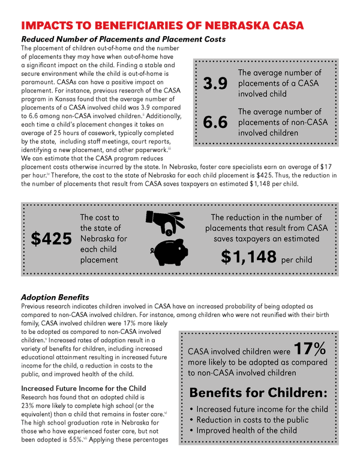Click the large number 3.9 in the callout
point(215,83)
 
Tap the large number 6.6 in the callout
point(215,123)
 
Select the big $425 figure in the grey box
point(51,238)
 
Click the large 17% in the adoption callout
point(310,349)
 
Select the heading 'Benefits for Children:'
point(258,393)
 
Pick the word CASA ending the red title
point(284,25)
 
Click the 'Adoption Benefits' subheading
point(55,297)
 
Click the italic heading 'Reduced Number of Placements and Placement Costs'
point(123,39)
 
